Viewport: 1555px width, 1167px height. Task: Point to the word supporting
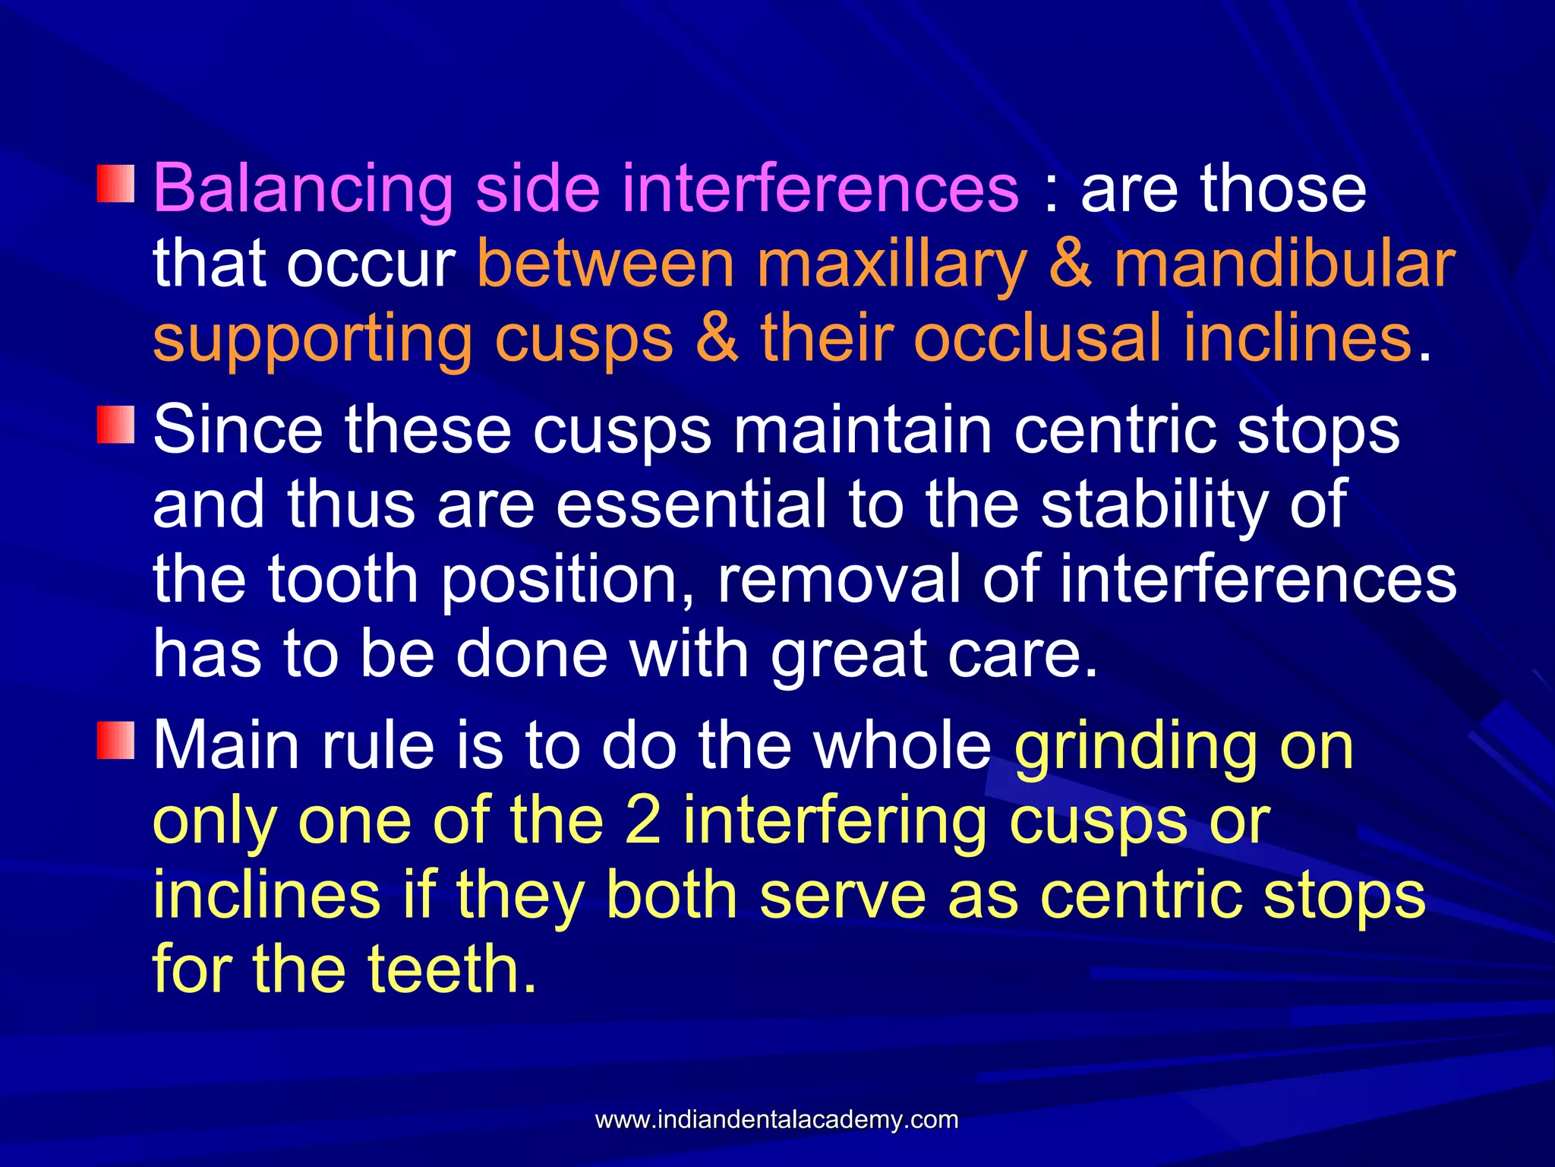tap(312, 340)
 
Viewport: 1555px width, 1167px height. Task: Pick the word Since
tap(238, 430)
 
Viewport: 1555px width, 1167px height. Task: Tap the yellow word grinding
tap(1136, 746)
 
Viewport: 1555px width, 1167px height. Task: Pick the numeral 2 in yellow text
tap(642, 821)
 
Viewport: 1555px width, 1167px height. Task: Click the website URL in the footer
tap(777, 1120)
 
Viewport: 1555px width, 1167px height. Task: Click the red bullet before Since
tap(115, 425)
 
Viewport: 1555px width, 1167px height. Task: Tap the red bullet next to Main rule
tap(115, 741)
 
